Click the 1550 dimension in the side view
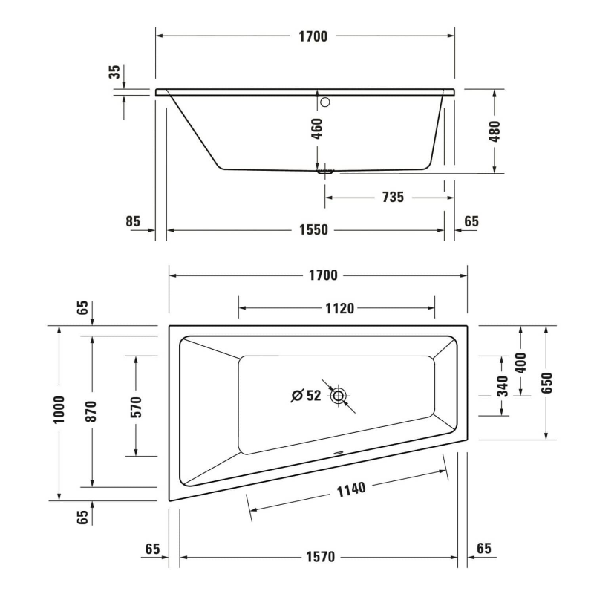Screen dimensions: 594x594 [313, 230]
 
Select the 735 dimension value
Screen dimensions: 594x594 [393, 198]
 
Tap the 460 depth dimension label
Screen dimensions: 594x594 [317, 128]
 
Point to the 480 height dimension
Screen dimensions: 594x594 [495, 131]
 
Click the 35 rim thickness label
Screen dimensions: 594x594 [114, 72]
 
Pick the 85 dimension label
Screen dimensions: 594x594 [133, 221]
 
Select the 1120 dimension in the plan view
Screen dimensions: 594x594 [340, 309]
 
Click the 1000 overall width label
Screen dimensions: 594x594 [59, 410]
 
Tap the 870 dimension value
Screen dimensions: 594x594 [91, 411]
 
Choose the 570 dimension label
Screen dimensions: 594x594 [136, 407]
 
